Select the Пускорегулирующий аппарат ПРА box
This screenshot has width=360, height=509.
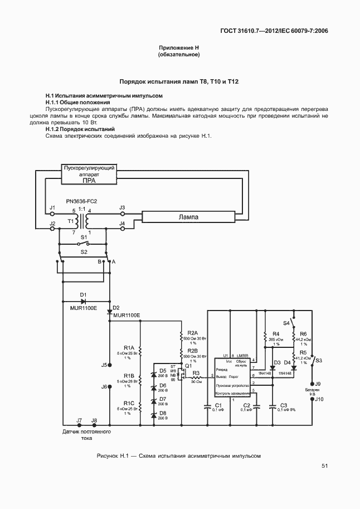coord(89,173)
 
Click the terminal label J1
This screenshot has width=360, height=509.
coord(53,207)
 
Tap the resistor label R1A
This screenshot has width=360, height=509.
coord(129,347)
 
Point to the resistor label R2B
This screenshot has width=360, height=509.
coord(192,350)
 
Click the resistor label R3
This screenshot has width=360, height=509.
coord(196,372)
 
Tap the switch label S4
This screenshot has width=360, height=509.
coord(286,323)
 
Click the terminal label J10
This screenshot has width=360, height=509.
coord(318,399)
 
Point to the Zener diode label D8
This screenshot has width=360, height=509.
coord(163,413)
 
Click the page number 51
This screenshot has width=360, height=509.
coord(324,466)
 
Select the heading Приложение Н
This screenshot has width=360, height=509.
coord(179,49)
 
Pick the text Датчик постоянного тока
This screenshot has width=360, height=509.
coord(86,435)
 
